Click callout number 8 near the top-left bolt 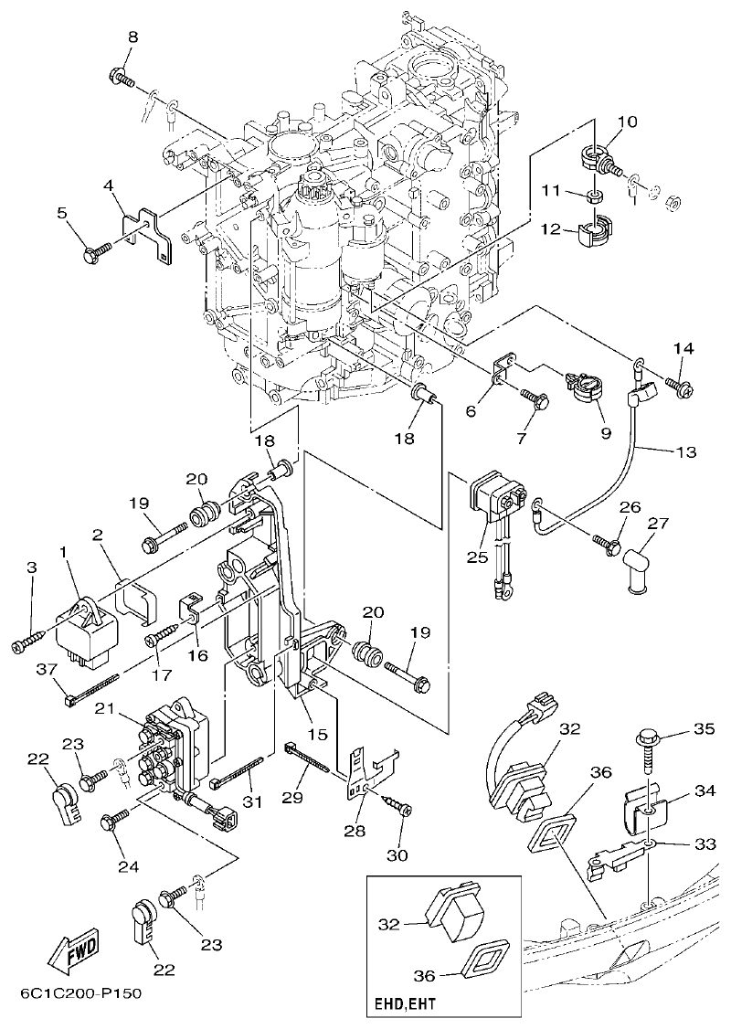tap(132, 37)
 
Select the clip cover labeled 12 tap(594, 230)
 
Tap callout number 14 tap(684, 348)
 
